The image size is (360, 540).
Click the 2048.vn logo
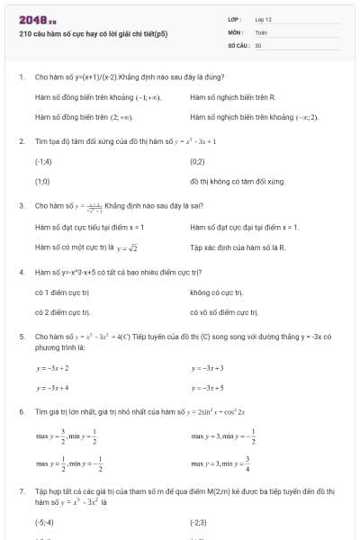click(x=37, y=19)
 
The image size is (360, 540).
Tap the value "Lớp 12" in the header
click(x=264, y=18)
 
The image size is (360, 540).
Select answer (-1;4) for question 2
click(x=43, y=161)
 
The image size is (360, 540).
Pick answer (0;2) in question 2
click(x=198, y=161)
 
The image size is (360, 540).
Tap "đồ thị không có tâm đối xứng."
click(x=238, y=181)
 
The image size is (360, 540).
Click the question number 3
click(x=21, y=206)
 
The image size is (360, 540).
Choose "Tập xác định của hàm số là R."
click(x=238, y=247)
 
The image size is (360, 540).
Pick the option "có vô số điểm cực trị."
click(x=224, y=312)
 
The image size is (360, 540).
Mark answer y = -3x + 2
click(x=53, y=368)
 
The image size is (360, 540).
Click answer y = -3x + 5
click(x=208, y=388)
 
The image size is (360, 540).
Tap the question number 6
click(x=21, y=411)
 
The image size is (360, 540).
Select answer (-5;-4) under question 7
click(x=44, y=521)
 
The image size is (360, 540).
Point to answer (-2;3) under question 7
click(x=199, y=521)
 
